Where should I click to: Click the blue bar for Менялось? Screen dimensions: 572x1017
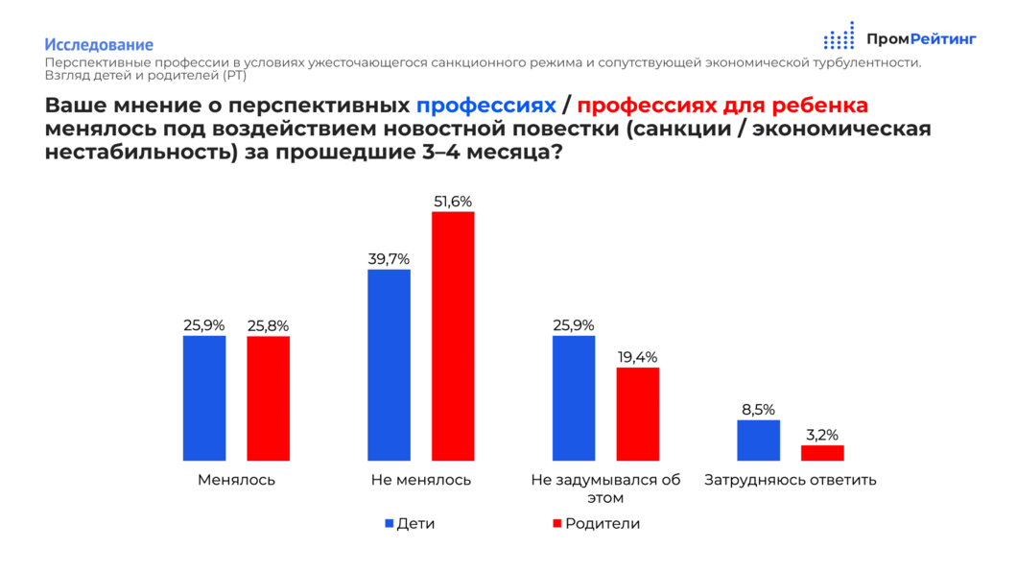pos(204,397)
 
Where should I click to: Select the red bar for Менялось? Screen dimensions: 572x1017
pos(268,397)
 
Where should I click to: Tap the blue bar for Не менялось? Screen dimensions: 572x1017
pos(389,365)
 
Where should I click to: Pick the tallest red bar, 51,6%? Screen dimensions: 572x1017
pos(453,336)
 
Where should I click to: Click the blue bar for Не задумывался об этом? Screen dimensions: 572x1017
pos(574,397)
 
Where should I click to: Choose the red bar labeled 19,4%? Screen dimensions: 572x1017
pos(637,414)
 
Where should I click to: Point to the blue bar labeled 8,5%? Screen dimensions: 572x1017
pos(758,440)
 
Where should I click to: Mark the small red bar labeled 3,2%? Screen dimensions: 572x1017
pos(822,453)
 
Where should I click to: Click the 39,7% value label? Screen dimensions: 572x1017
pos(389,259)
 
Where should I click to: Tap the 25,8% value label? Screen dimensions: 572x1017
pos(268,325)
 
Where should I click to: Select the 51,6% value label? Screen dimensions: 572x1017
pos(453,202)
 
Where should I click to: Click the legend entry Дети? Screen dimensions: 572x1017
pos(409,524)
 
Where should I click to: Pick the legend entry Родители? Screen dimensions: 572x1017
pos(595,524)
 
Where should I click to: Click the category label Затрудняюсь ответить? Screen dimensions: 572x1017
pos(791,480)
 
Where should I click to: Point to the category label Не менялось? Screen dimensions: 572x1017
pos(420,480)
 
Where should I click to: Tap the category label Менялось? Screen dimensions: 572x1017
pos(236,480)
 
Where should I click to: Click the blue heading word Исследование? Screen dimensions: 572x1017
pos(99,44)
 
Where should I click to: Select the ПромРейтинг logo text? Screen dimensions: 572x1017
pos(920,38)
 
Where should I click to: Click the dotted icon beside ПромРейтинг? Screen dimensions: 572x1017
pos(839,36)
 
